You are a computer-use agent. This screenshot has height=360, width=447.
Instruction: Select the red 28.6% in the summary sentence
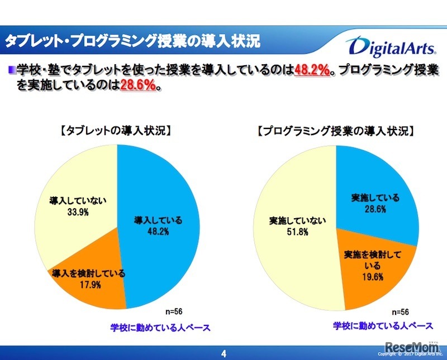click(138, 86)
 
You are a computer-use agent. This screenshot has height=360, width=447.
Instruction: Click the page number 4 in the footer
click(223, 353)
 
